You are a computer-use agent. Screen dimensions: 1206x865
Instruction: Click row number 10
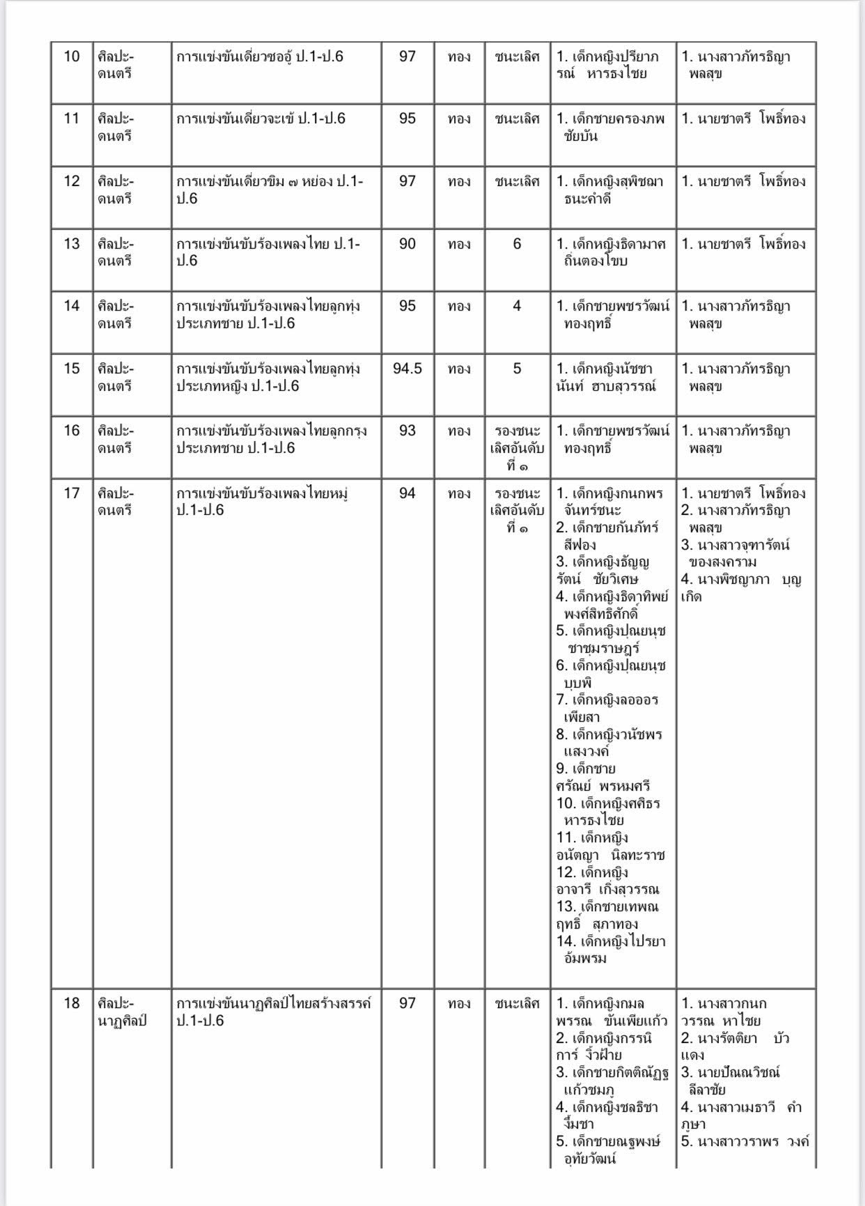[x=72, y=56]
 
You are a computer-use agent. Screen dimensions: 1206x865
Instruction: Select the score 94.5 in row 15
[x=407, y=369]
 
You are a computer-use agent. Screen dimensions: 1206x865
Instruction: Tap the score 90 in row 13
[x=407, y=244]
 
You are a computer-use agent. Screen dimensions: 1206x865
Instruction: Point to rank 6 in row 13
[x=517, y=244]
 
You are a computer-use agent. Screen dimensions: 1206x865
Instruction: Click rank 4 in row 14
[x=517, y=306]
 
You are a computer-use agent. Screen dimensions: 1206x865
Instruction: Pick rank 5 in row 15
[x=517, y=369]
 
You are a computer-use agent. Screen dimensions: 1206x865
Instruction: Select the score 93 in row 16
[x=407, y=431]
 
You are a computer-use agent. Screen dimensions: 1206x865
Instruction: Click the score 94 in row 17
[x=407, y=493]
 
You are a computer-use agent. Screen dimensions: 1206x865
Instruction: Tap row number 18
[x=72, y=1003]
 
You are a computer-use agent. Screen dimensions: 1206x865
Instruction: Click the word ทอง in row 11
[x=459, y=119]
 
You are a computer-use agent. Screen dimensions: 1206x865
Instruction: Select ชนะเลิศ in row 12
[x=517, y=181]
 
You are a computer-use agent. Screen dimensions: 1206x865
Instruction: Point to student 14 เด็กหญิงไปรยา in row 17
[x=611, y=950]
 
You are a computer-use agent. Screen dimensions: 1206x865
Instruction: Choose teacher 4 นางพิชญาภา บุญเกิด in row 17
[x=741, y=588]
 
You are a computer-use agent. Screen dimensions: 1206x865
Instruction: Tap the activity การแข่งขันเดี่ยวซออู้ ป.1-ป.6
[x=260, y=56]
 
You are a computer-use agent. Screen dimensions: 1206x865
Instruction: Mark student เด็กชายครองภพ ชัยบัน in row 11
[x=611, y=127]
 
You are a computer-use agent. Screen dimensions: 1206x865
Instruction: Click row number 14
[x=72, y=306]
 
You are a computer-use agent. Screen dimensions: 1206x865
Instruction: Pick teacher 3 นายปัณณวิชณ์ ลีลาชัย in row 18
[x=730, y=1081]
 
